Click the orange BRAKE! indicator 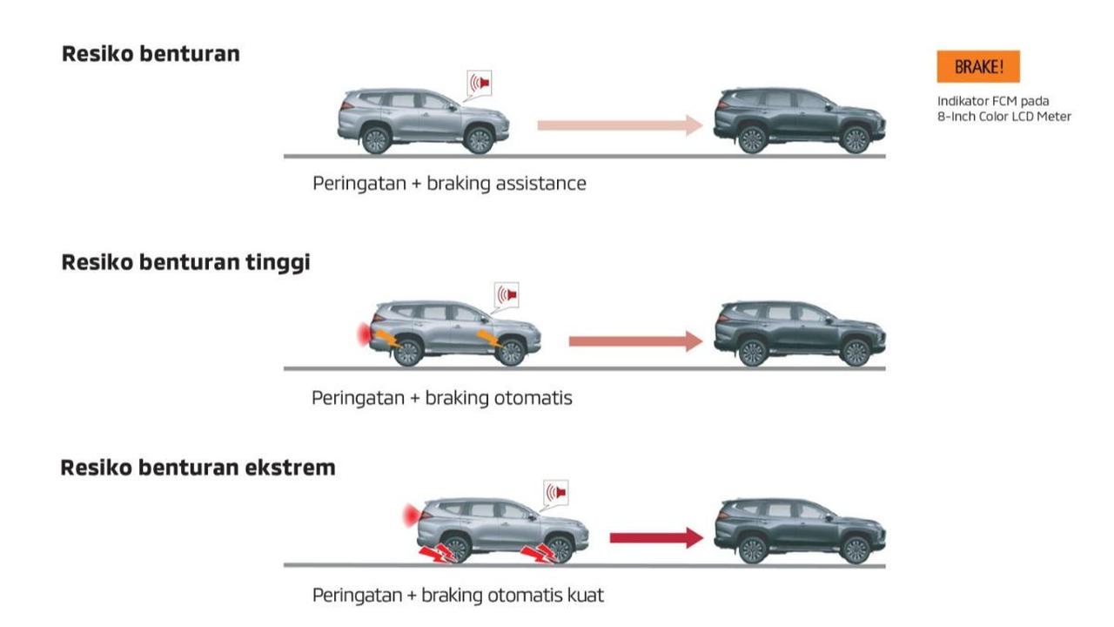coord(978,66)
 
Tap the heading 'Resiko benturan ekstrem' coord(198,468)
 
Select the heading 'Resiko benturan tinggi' coord(185,263)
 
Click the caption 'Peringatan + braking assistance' coord(449,184)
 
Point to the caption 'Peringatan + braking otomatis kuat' coord(458,595)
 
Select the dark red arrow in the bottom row coord(656,538)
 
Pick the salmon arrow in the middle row coord(635,341)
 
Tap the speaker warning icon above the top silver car coord(480,84)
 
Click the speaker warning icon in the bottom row coord(556,493)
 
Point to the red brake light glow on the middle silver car coord(364,334)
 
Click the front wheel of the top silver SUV coord(479,140)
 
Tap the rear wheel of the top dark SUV coord(752,139)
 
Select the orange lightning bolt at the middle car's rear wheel coord(388,339)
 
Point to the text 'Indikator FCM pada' coord(993,102)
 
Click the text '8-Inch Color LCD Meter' coord(1004,117)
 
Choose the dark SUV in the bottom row coord(800,531)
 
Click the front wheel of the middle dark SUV coord(856,353)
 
